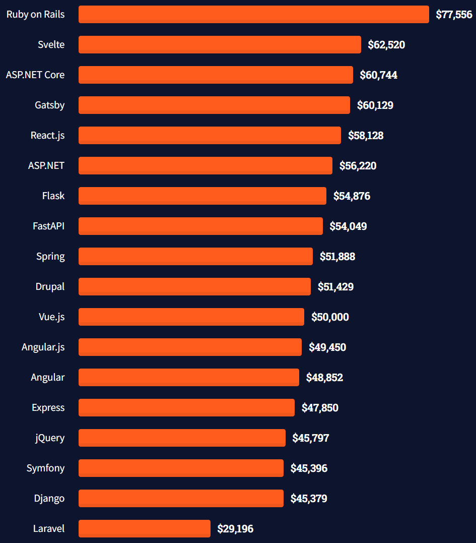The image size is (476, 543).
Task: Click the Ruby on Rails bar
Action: [x=253, y=14]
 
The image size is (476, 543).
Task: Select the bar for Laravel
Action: [x=145, y=528]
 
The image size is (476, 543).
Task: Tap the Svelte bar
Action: [x=220, y=44]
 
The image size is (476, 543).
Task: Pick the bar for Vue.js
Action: [x=191, y=317]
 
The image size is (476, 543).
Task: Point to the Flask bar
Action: [x=202, y=196]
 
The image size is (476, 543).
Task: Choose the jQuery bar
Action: [x=182, y=438]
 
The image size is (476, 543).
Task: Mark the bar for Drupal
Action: [x=194, y=286]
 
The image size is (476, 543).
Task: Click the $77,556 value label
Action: [x=454, y=15]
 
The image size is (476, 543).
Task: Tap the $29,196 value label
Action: [x=235, y=529]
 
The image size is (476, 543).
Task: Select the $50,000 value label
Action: [x=330, y=317]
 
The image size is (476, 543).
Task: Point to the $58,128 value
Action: [x=366, y=136]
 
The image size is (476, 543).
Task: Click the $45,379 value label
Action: [x=309, y=499]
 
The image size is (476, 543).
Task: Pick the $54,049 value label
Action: [x=348, y=226]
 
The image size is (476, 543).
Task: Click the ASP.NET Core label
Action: [x=35, y=75]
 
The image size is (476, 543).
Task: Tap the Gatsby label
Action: [x=49, y=105]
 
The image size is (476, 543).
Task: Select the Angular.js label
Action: [x=43, y=347]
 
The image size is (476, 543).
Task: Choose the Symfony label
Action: [x=45, y=468]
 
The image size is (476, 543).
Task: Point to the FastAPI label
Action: [x=48, y=226]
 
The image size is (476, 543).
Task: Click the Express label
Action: [x=48, y=407]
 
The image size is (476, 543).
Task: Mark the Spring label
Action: [x=50, y=256]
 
